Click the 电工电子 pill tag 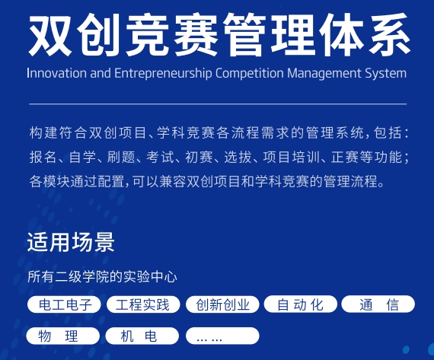(64, 304)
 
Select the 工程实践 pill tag (143, 304)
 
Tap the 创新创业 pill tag (222, 304)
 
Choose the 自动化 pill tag (301, 304)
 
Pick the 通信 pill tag (378, 304)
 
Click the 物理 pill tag (63, 336)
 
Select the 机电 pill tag (142, 336)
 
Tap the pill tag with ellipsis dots (222, 336)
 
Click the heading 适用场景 (71, 242)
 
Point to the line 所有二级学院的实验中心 (102, 276)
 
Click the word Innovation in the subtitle (57, 73)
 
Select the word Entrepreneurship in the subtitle (163, 74)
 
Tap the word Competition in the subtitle (250, 74)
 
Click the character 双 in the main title (49, 35)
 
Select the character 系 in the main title (389, 35)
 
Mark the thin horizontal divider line (218, 104)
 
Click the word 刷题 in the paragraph (120, 157)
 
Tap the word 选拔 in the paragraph (238, 157)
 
